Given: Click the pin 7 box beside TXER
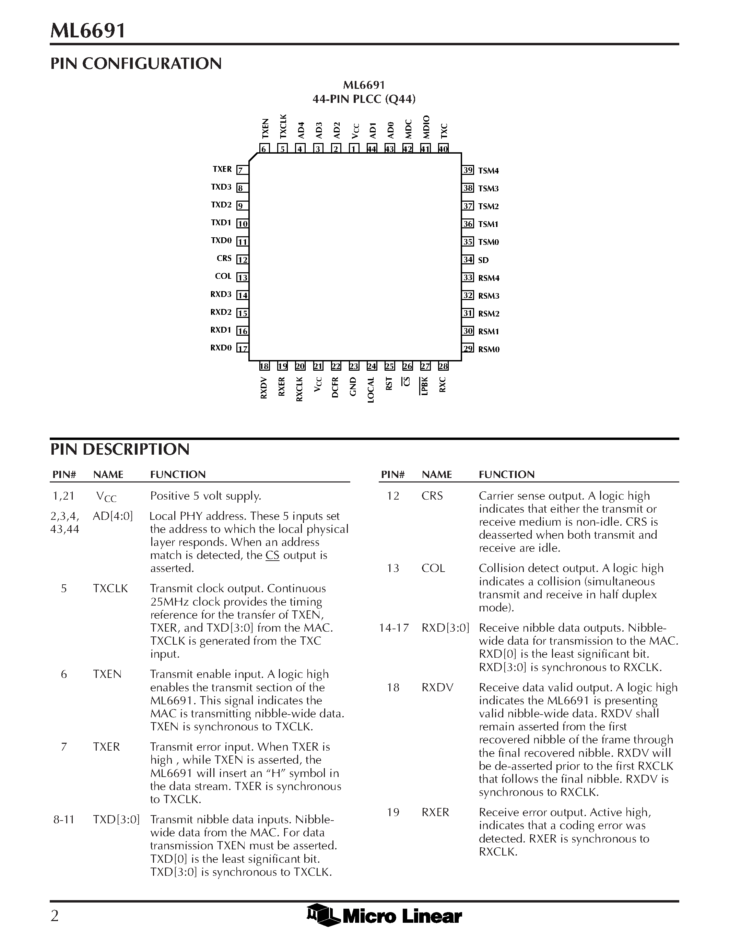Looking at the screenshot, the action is point(242,170).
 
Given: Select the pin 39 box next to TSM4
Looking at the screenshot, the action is point(468,170).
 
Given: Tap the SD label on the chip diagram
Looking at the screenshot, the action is point(483,260).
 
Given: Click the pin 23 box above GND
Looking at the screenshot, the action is point(354,367).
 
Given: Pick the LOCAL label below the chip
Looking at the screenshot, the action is point(371,390).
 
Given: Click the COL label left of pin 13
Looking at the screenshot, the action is point(223,276).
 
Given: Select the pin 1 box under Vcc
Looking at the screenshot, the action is point(354,149).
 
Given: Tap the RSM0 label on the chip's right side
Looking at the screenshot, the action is point(489,349).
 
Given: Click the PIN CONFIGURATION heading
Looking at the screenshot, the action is point(136,63).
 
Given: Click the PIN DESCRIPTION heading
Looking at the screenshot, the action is point(120,450).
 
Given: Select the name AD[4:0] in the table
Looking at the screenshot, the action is point(113,516).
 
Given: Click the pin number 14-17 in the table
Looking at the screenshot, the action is point(393,628).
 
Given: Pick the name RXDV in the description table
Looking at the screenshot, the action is point(437,688).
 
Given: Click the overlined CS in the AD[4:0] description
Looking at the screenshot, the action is point(272,555).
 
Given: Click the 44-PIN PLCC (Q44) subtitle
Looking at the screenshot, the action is point(364,99).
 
